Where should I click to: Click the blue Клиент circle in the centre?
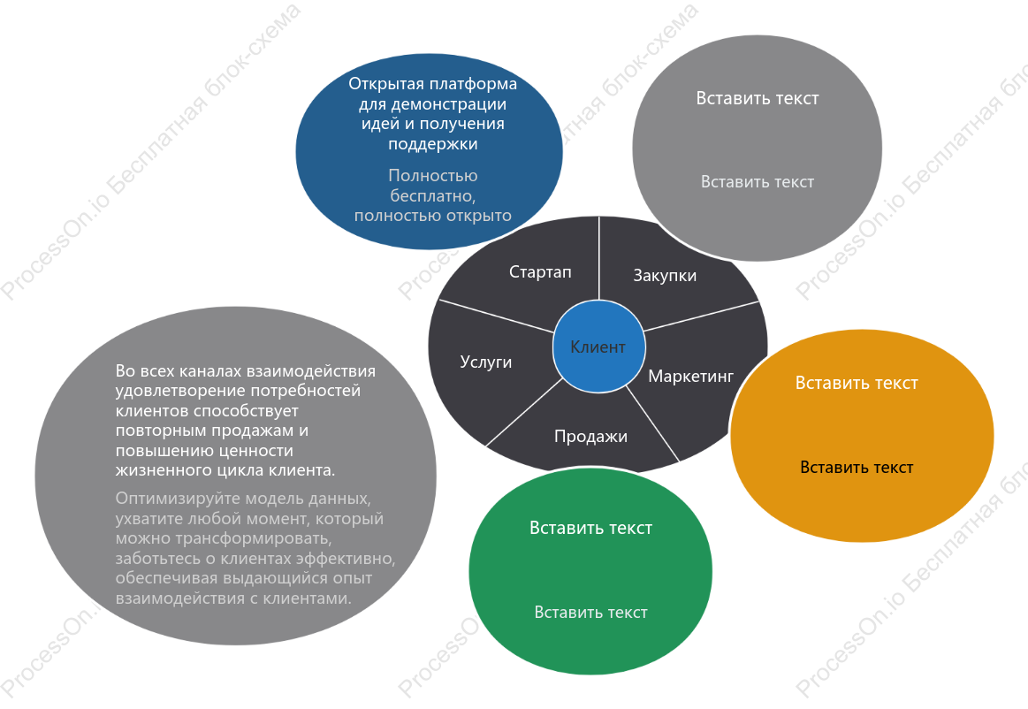[598, 347]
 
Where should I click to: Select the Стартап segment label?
[540, 271]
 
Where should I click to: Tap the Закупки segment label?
[665, 276]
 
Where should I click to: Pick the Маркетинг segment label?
[691, 376]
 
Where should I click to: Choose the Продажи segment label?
[590, 436]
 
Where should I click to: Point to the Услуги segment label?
[486, 362]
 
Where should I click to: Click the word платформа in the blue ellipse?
[475, 84]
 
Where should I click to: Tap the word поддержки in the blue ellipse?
[433, 143]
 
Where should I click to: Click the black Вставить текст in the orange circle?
[857, 467]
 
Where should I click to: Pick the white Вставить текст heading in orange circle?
[857, 383]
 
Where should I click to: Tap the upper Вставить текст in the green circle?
[590, 528]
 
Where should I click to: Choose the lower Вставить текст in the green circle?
[590, 612]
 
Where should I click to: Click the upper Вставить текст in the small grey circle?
[758, 98]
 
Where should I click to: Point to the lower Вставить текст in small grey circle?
[758, 182]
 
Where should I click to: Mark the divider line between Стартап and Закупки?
[598, 258]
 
